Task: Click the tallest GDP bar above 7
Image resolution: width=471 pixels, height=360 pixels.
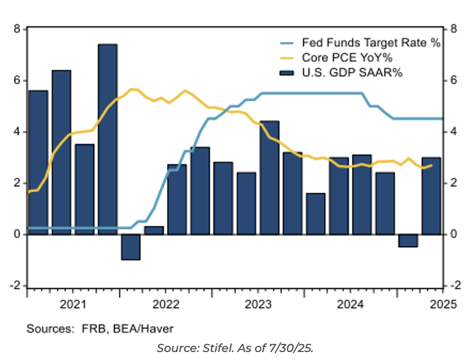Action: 107,137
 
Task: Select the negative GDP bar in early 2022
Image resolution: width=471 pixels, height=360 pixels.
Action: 131,247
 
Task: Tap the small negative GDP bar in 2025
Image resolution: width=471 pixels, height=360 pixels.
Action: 408,240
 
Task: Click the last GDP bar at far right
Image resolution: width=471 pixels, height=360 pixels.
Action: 431,195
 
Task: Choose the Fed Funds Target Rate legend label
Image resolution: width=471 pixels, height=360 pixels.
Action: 371,43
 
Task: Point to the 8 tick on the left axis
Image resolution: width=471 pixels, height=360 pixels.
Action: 17,29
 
